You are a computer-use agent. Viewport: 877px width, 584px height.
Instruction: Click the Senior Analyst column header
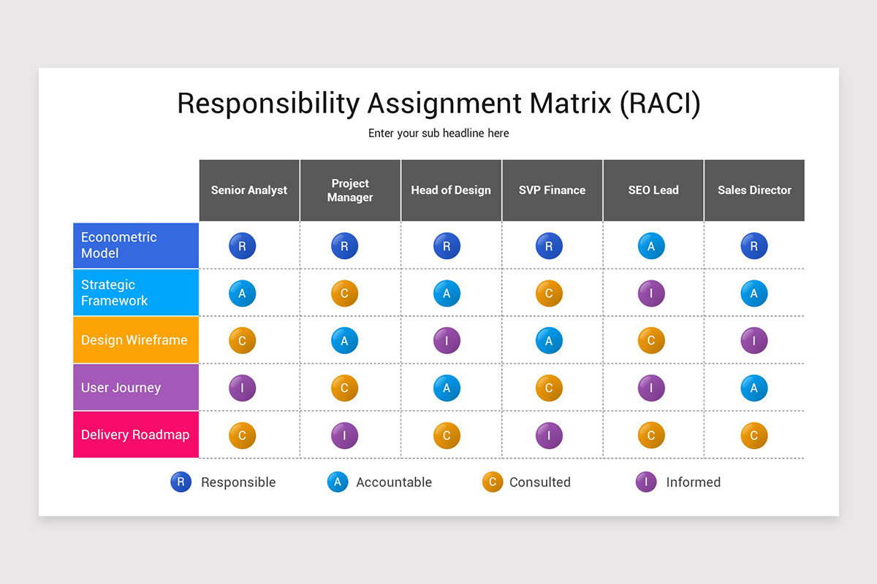[249, 191]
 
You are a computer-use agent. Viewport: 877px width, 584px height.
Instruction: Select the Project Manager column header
[350, 191]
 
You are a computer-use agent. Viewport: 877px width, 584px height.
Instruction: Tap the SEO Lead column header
[653, 191]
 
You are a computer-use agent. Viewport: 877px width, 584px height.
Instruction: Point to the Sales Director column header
[754, 191]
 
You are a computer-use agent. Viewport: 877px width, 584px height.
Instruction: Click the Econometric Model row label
[136, 245]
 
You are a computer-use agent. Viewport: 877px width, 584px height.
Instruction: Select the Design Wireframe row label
[136, 340]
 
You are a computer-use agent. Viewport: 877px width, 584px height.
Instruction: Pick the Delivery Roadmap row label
[136, 435]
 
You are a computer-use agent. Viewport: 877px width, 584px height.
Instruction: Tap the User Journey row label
[136, 388]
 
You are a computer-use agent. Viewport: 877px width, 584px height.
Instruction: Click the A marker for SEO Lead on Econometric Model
[651, 246]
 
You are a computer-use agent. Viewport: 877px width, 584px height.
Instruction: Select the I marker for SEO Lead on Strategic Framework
[651, 293]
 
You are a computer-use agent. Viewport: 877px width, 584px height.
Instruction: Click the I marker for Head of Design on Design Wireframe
[447, 340]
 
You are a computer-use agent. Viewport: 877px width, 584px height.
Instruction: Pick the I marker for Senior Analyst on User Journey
[242, 388]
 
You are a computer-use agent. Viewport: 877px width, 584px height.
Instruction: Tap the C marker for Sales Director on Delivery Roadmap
[753, 436]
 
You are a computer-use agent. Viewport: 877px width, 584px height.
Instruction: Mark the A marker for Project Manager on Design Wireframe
[344, 340]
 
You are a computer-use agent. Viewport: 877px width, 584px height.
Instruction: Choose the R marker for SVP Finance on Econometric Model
[549, 246]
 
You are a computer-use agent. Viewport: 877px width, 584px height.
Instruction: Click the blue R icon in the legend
[181, 482]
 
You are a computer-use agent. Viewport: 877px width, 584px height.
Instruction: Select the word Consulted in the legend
[539, 483]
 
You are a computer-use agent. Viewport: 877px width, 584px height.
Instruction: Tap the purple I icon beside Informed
[646, 482]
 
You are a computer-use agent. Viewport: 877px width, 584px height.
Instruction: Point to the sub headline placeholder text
[438, 134]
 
